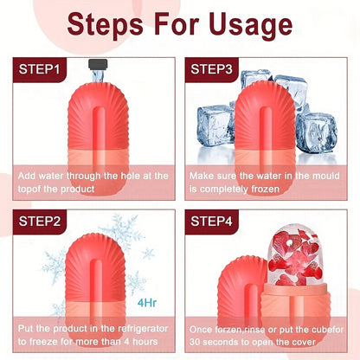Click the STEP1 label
pos(39,68)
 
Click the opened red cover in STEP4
pos(244,277)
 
